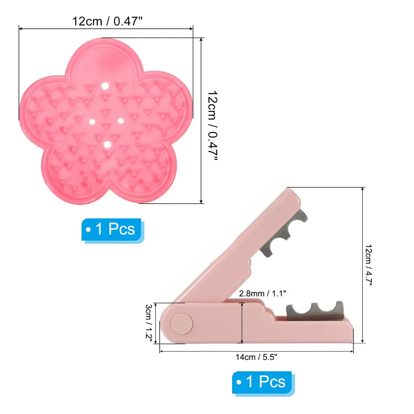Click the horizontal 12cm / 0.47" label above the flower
(x=107, y=21)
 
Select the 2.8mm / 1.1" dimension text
(x=262, y=294)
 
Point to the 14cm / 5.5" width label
(x=256, y=357)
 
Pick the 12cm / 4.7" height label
(x=369, y=265)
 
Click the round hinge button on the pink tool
(x=182, y=324)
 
